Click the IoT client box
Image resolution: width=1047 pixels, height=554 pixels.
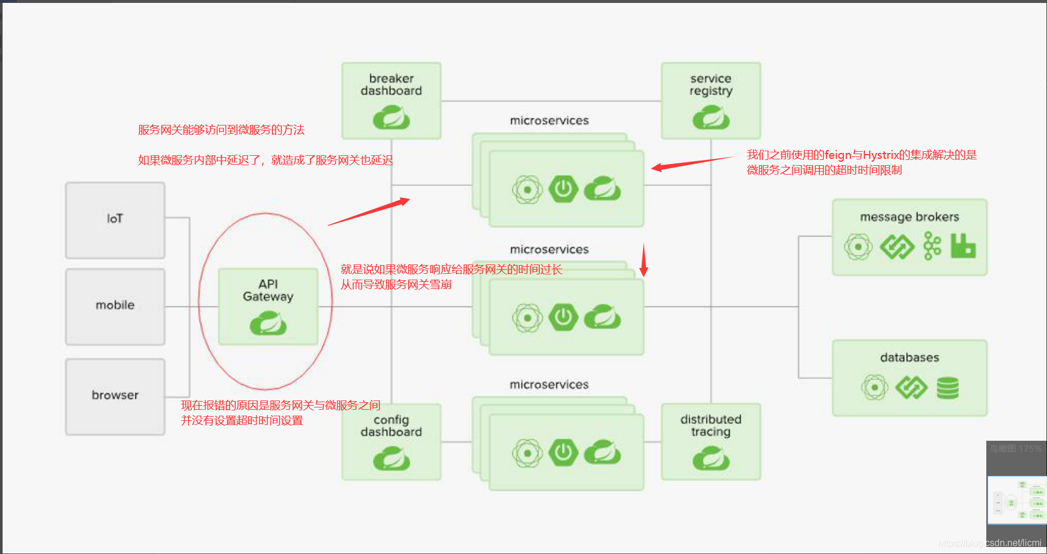pos(115,220)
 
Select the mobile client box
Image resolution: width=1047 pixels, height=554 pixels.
pos(115,306)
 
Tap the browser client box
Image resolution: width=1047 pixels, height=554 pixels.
pos(115,396)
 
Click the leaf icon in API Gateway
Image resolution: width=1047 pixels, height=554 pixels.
pos(268,323)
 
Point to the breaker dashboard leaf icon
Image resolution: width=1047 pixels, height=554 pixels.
pos(391,117)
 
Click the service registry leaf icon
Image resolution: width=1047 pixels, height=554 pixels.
pos(711,117)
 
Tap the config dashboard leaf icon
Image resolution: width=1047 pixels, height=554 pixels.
pos(391,458)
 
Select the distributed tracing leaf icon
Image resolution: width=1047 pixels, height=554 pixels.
pos(711,458)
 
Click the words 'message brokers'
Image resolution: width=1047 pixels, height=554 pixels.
pos(909,217)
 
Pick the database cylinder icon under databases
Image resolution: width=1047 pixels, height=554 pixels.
pos(948,388)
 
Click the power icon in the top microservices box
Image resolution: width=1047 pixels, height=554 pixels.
pos(563,189)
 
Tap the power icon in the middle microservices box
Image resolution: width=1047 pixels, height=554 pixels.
pos(563,318)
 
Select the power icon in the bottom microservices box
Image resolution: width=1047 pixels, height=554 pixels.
pos(563,453)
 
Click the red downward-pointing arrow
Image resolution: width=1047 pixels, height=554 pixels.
pos(644,260)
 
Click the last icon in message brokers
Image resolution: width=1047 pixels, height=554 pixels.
pos(963,246)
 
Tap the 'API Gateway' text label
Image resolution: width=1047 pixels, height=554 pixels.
pos(268,290)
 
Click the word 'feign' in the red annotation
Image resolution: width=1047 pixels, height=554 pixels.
pos(838,155)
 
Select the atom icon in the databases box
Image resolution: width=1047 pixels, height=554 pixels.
pos(874,388)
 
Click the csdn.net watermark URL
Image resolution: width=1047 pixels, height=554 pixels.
pos(990,543)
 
